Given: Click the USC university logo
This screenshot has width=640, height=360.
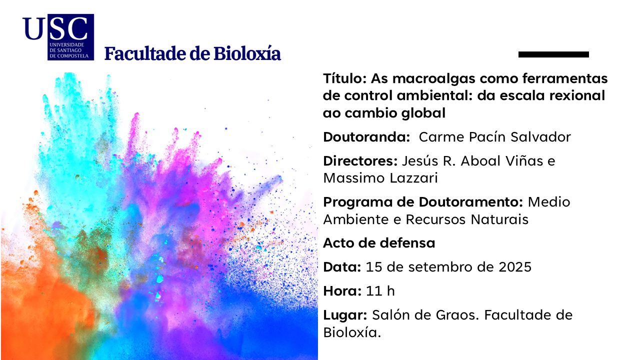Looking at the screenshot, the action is (58, 37).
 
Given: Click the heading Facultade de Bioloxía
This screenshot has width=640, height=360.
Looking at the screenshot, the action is (192, 53).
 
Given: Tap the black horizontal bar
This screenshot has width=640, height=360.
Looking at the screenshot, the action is (553, 54).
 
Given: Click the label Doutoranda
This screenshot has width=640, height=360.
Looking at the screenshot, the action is (367, 137).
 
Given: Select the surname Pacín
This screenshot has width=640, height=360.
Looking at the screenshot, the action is (487, 137).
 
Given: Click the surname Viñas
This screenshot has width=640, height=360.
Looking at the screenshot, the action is (524, 161).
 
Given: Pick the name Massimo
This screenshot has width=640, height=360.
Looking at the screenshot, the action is (354, 178).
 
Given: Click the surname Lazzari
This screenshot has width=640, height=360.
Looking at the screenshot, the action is (413, 178).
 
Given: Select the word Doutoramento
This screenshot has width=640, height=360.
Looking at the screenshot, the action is (471, 202).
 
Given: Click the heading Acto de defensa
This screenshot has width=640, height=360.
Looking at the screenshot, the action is (379, 243).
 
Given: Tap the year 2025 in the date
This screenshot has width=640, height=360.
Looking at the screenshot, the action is (515, 267).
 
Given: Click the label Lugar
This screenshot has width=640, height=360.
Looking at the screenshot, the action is (345, 315).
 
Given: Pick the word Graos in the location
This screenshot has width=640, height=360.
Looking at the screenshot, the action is (457, 315).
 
